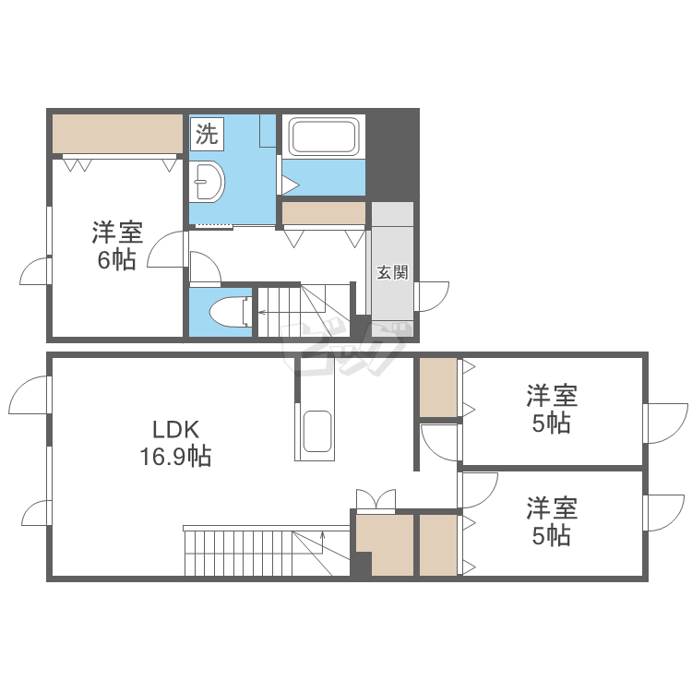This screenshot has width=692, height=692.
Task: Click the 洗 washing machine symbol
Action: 207,134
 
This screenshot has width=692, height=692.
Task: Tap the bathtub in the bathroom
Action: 323,137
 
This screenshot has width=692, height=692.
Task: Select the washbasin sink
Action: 209,182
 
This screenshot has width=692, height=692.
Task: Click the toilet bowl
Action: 225,312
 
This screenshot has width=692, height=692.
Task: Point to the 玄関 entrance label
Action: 392,273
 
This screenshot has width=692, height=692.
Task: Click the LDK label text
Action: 175,429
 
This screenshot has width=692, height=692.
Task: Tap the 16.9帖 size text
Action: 175,455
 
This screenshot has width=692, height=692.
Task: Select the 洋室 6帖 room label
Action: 116,245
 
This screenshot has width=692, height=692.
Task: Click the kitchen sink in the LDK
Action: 316,433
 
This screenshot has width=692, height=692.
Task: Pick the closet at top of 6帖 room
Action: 117,135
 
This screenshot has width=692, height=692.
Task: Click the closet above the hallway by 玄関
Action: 324,213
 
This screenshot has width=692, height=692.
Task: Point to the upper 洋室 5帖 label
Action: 552,410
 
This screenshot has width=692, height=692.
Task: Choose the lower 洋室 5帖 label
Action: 552,521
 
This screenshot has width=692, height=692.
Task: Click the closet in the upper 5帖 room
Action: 438,387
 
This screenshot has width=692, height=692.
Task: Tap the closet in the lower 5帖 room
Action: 438,545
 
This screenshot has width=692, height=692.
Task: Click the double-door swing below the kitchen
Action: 376,499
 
